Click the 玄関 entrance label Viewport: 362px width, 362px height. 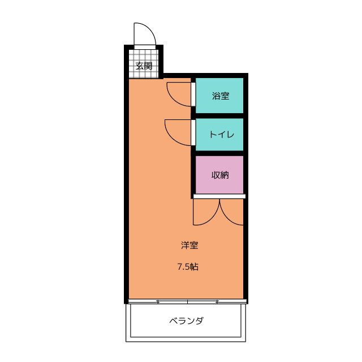tap(144, 66)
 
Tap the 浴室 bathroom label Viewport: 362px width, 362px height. tap(221, 96)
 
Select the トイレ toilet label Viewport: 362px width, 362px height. tap(221, 135)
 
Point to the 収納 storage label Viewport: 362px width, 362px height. tap(221, 175)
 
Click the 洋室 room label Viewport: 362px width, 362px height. tap(189, 245)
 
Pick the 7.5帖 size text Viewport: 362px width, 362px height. tap(188, 267)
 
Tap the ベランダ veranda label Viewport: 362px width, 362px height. tap(187, 321)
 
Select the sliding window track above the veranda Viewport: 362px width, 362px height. tap(187, 301)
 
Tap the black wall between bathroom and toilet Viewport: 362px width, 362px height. tap(221, 115)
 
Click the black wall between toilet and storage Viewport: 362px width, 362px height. tap(221, 153)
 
